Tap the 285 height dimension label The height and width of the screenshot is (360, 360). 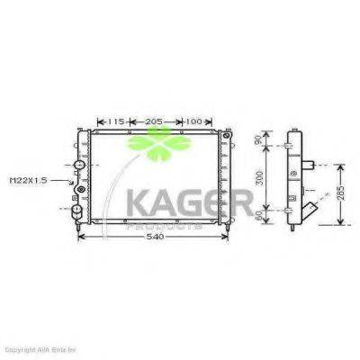340,193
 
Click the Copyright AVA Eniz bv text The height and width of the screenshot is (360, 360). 45,348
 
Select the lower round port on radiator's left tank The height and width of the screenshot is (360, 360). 77,211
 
